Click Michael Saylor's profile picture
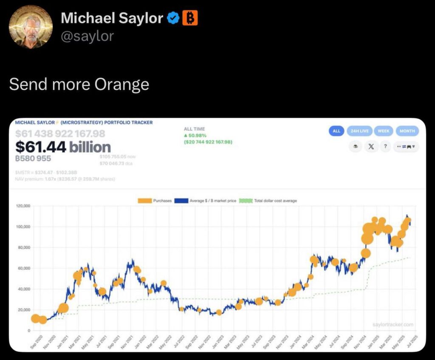(31, 27)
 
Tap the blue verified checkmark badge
(173, 18)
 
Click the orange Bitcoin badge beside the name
(190, 18)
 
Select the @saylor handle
(88, 36)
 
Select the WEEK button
(384, 131)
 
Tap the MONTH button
(407, 131)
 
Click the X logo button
(370, 146)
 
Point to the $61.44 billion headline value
(63, 147)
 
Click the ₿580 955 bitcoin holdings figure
(33, 159)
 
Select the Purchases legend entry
(155, 201)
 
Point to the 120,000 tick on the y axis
(23, 206)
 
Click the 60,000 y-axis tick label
(24, 268)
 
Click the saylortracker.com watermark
(393, 325)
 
